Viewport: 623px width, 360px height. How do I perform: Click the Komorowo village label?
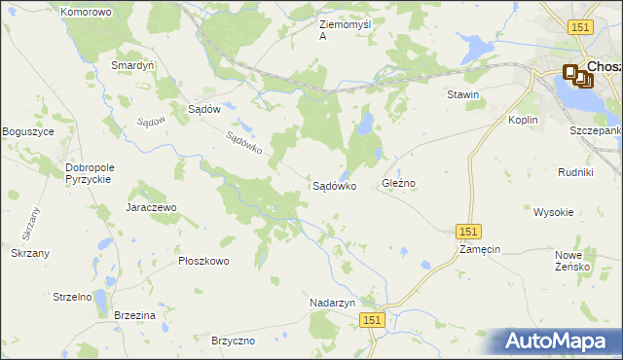click(86, 12)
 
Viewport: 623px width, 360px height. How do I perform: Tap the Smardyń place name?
click(133, 65)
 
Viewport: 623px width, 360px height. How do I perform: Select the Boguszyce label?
click(28, 131)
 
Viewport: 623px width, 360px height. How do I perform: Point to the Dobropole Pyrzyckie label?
click(90, 173)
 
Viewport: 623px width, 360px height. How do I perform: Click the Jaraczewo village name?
click(150, 207)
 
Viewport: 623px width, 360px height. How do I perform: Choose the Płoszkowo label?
click(203, 261)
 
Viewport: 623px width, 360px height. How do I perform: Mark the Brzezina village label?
click(134, 316)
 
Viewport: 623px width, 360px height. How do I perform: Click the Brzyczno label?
click(233, 341)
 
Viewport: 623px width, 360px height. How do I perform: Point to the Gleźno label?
click(399, 183)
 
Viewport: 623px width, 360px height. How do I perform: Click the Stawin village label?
click(462, 94)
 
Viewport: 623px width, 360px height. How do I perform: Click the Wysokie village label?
click(553, 211)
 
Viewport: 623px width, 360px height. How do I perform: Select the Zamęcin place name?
click(480, 249)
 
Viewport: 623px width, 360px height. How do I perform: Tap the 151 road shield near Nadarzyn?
click(372, 319)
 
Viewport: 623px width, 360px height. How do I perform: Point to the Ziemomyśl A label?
click(344, 29)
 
